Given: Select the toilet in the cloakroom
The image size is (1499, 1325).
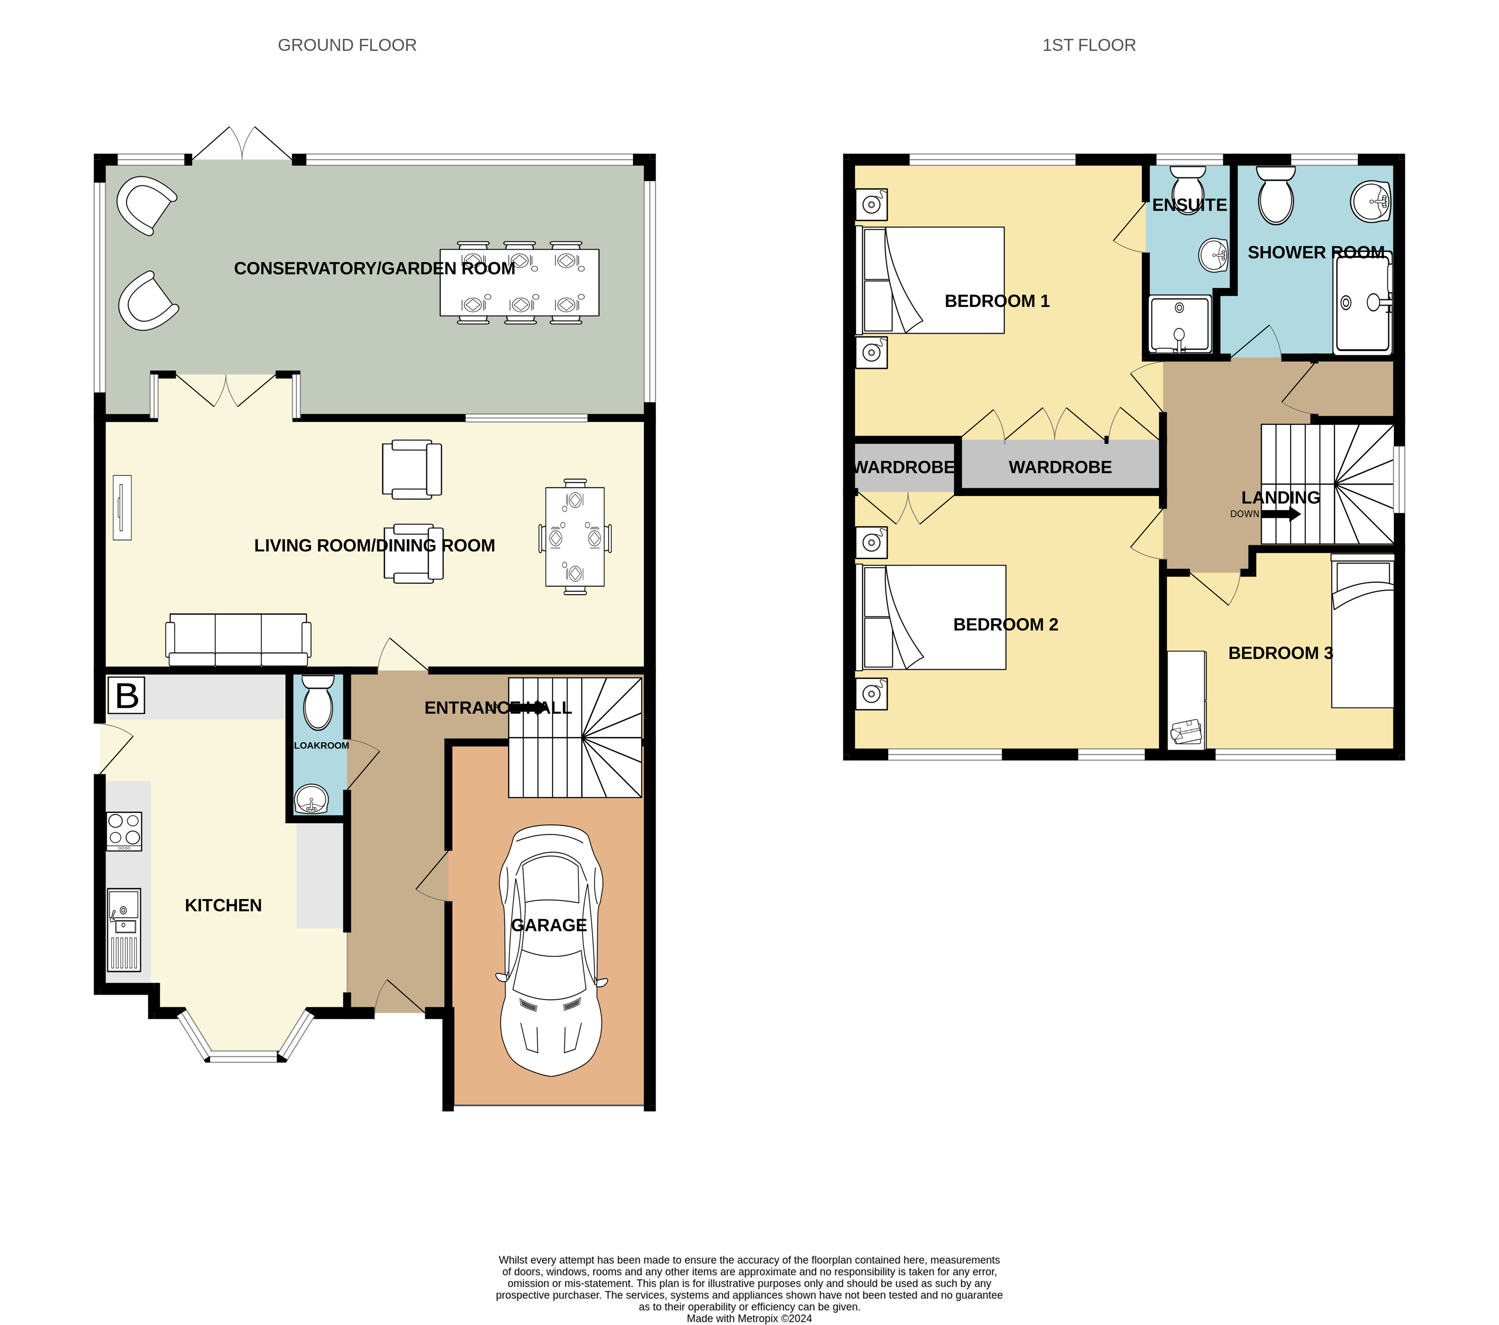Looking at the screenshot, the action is click(318, 702).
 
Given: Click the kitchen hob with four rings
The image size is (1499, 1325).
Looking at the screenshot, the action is click(124, 831).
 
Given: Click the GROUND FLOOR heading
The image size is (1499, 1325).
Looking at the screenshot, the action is click(347, 45).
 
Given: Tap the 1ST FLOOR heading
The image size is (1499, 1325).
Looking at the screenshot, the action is click(1089, 45).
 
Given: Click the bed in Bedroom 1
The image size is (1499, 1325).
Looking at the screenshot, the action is click(930, 280).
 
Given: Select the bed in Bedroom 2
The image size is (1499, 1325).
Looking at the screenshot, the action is click(931, 617).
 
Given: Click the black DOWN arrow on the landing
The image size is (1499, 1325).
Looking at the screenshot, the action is click(1281, 514).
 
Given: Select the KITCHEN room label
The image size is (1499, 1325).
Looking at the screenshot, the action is click(223, 906).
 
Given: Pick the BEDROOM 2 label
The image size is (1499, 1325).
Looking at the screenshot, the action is click(1005, 625).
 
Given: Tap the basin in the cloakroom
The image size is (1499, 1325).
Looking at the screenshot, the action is click(312, 798).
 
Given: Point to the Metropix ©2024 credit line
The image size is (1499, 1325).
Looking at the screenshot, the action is click(749, 1319).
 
